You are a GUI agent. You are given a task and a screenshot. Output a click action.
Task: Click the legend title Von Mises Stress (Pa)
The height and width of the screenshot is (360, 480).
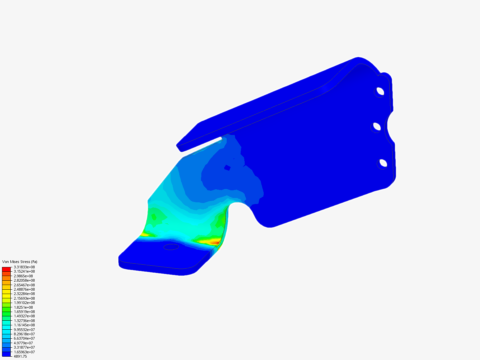tap(20, 262)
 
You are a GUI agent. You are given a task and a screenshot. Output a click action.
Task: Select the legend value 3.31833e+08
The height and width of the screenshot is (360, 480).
tap(24, 267)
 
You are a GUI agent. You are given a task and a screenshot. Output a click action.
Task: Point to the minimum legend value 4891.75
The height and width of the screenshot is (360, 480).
tap(20, 356)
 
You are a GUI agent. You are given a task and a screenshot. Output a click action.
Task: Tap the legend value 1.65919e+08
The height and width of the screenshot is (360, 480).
tap(24, 312)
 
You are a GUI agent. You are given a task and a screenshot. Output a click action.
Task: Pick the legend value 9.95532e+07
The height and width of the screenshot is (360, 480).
tap(24, 330)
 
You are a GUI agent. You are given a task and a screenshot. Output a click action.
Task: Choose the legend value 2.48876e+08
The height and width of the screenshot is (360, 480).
tap(24, 289)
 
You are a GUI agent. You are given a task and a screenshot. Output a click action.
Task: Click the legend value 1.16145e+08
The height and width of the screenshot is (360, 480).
tap(24, 325)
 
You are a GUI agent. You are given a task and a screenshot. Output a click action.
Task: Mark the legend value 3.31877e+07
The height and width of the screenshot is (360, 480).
tap(24, 347)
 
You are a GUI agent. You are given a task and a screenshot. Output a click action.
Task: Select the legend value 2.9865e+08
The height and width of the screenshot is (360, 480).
tap(23, 276)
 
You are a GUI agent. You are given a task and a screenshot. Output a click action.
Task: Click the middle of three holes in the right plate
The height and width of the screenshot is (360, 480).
tap(377, 127)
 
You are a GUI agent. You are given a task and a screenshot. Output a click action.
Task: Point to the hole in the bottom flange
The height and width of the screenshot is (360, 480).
tap(171, 247)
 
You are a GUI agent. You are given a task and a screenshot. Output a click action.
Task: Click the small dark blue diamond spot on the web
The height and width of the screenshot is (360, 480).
tap(227, 168)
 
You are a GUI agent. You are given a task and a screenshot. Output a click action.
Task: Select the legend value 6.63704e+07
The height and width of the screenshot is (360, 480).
tap(24, 338)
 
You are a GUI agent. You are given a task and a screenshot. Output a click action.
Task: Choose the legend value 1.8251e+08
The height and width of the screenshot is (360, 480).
tap(23, 307)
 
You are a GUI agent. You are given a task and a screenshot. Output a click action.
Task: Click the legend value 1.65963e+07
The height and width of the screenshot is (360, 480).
tap(24, 352)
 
